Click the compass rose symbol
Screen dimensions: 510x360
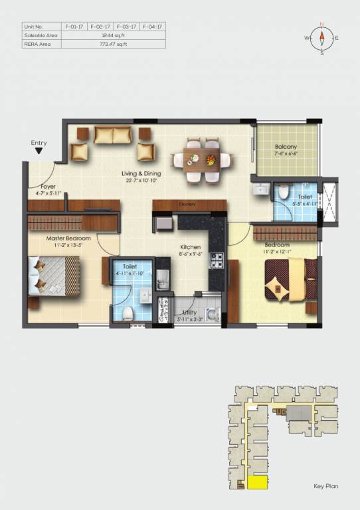(321, 38)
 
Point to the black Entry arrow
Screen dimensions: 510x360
(39, 151)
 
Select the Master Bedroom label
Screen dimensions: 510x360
(64, 237)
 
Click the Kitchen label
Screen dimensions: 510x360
(190, 247)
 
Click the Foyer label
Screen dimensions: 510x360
(48, 187)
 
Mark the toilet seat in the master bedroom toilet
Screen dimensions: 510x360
(130, 313)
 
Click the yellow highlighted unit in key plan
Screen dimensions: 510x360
(257, 483)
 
